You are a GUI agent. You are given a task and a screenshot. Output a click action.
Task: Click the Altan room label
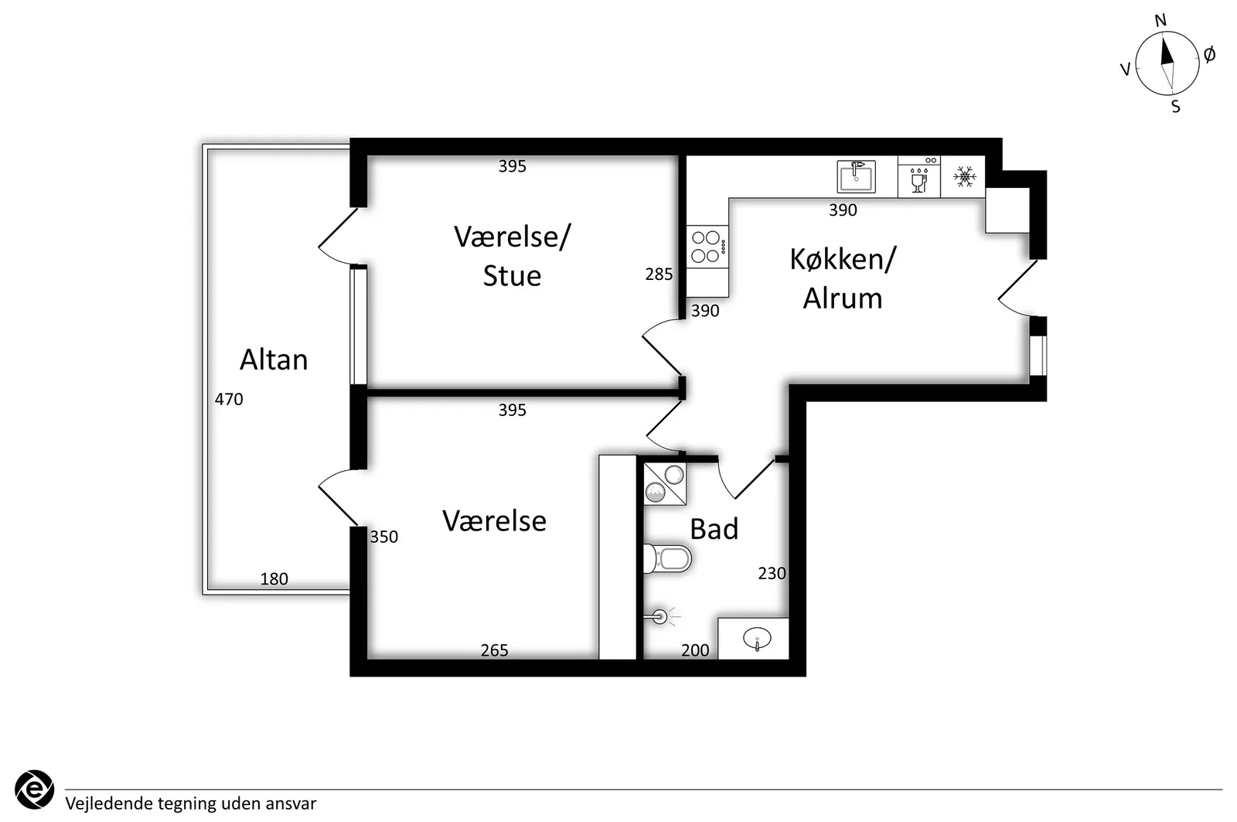pyautogui.click(x=274, y=360)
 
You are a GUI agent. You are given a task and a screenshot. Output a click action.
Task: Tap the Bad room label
pyautogui.click(x=714, y=529)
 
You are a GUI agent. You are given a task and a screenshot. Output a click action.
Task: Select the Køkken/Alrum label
pyautogui.click(x=843, y=278)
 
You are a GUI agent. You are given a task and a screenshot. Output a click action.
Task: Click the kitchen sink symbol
pyautogui.click(x=856, y=176)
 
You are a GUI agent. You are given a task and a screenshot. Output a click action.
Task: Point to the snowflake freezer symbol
pyautogui.click(x=964, y=177)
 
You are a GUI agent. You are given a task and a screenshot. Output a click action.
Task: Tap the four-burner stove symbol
pyautogui.click(x=707, y=247)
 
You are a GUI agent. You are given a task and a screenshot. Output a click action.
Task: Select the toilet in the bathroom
pyautogui.click(x=667, y=559)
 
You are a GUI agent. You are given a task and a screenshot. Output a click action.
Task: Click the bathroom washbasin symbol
pyautogui.click(x=757, y=639)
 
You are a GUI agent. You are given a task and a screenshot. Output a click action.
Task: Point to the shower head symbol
pyautogui.click(x=660, y=616)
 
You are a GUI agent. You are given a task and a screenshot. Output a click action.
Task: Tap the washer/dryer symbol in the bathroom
pyautogui.click(x=665, y=484)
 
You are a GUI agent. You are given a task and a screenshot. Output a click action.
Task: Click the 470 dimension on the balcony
pyautogui.click(x=229, y=399)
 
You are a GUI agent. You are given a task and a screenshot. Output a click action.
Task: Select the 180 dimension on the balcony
pyautogui.click(x=274, y=579)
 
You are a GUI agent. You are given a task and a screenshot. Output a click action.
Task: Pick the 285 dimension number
pyautogui.click(x=659, y=274)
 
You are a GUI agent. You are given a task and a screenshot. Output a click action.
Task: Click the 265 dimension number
pyautogui.click(x=494, y=650)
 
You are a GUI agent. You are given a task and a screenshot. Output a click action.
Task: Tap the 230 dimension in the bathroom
pyautogui.click(x=772, y=574)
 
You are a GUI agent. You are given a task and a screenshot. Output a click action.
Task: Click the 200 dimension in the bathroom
pyautogui.click(x=695, y=650)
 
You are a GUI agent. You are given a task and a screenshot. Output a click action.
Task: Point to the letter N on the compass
pyautogui.click(x=1160, y=20)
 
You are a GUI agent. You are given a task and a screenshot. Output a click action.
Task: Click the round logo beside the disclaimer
pyautogui.click(x=34, y=790)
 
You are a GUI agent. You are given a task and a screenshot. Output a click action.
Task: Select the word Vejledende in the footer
pyautogui.click(x=108, y=803)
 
